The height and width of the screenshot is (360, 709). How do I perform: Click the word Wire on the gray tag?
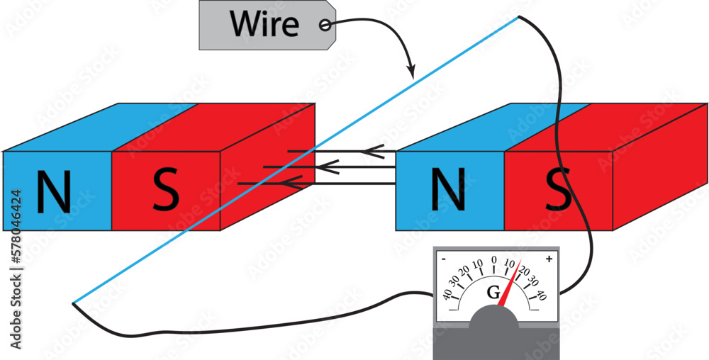(x=263, y=24)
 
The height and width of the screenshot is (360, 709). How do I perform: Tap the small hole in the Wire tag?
(x=325, y=25)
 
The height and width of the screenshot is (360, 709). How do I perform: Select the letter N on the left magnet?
(x=54, y=192)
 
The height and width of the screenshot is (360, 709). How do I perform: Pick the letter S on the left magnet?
(x=165, y=192)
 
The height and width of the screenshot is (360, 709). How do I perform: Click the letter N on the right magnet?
(x=448, y=192)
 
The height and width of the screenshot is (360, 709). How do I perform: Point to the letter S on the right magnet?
(x=558, y=192)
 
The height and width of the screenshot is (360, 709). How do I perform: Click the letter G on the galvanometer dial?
(x=493, y=292)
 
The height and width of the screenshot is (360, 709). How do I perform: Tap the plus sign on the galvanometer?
(x=548, y=259)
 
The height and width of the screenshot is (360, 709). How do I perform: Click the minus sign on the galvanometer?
(x=443, y=259)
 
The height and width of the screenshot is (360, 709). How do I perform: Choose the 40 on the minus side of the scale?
(x=448, y=293)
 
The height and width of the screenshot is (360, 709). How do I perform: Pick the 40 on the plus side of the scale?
(x=541, y=293)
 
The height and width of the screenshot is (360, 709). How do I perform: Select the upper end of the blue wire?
(x=520, y=17)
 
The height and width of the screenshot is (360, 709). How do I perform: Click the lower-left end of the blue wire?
(x=74, y=303)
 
